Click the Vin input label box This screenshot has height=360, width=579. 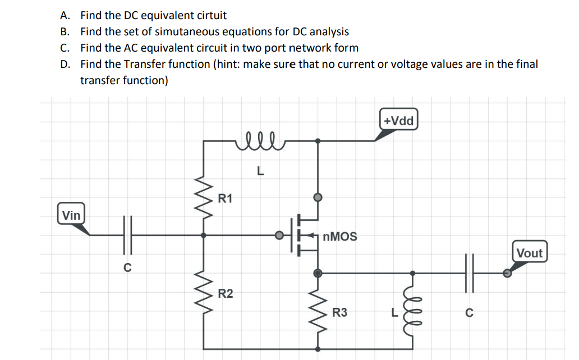point(71,215)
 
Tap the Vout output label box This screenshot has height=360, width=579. point(529,253)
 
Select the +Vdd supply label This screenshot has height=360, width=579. point(399,121)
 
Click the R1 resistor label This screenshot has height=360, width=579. point(226,198)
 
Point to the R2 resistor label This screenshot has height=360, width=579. point(226,293)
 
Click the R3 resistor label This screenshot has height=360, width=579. point(339,312)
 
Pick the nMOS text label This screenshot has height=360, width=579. point(341,237)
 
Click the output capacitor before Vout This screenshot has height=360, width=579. point(468,273)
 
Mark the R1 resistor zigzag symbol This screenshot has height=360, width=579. point(203,197)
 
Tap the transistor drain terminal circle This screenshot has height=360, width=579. point(318,197)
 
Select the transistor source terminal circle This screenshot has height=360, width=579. point(318,273)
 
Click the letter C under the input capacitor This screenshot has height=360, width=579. point(127,267)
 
